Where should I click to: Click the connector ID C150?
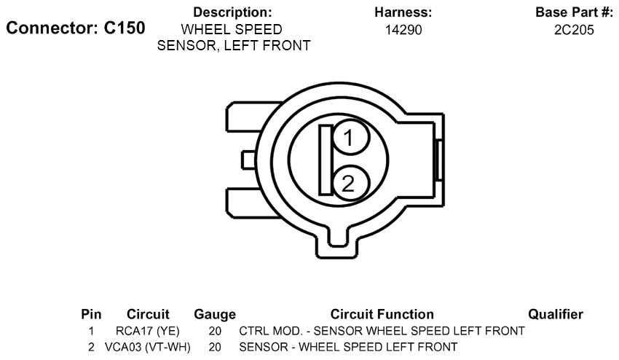pyautogui.click(x=125, y=28)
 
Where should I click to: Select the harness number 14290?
pyautogui.click(x=403, y=30)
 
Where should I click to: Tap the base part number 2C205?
pyautogui.click(x=574, y=30)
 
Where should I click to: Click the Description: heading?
pyautogui.click(x=232, y=12)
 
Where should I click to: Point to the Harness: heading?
pyautogui.click(x=403, y=12)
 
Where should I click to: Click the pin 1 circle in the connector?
pyautogui.click(x=350, y=138)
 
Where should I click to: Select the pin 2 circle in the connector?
pyautogui.click(x=350, y=184)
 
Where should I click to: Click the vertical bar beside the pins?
pyautogui.click(x=326, y=160)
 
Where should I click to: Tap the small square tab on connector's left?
pyautogui.click(x=249, y=160)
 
